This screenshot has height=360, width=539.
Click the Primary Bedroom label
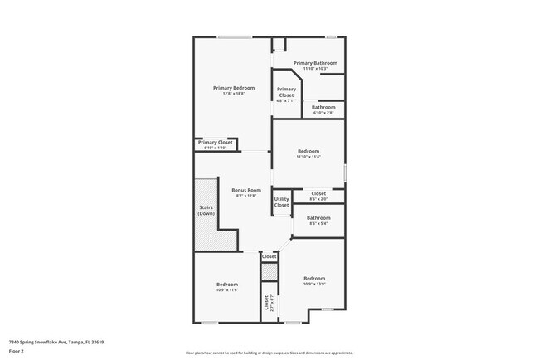click(233, 88)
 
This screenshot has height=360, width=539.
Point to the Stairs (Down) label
click(206, 211)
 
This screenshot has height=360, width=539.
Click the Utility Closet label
click(282, 202)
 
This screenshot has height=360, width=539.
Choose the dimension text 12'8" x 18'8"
click(233, 94)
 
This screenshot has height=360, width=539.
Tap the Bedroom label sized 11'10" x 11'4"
click(308, 151)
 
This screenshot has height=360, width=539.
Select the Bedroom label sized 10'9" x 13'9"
click(313, 278)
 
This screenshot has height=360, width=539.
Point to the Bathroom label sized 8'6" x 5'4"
click(318, 218)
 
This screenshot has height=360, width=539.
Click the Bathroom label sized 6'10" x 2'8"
click(323, 107)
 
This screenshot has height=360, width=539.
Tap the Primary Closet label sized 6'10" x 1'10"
click(215, 143)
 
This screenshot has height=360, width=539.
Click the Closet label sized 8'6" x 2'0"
click(318, 193)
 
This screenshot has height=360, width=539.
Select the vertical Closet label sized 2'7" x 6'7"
click(267, 304)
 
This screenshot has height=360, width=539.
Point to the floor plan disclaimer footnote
click(269, 353)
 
